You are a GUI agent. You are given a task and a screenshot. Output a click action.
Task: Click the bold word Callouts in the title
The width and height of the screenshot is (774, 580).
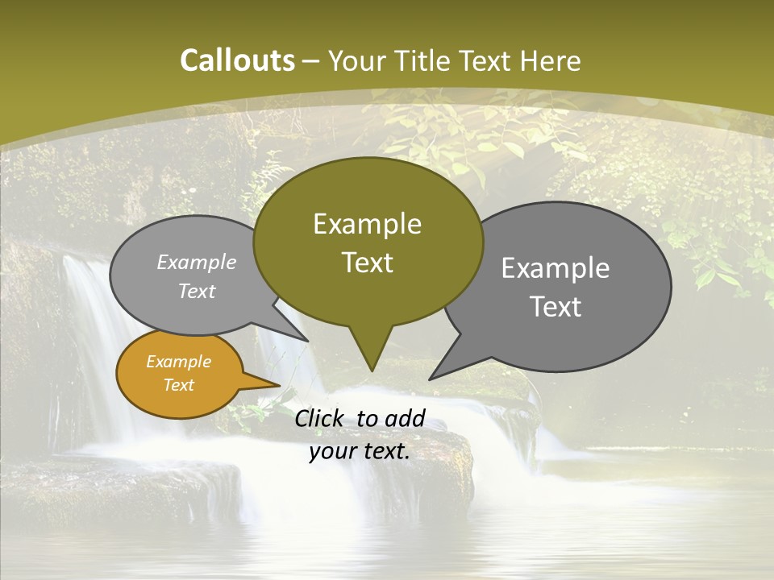point(237,60)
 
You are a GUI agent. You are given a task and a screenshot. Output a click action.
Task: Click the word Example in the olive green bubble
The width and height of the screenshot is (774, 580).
point(367,224)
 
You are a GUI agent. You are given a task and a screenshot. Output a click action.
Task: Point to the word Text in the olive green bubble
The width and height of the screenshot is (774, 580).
point(367,263)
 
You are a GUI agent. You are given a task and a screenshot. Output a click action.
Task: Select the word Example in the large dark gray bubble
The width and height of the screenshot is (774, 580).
point(556,268)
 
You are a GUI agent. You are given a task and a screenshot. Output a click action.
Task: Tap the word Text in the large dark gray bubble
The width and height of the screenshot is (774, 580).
point(556,307)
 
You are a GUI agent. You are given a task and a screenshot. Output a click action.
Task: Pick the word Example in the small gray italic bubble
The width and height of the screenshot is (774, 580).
point(197,262)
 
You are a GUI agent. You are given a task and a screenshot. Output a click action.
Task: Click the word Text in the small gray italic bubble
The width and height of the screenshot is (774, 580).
point(197,291)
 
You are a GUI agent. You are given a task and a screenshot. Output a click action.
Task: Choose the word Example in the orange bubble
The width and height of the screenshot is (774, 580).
point(178,362)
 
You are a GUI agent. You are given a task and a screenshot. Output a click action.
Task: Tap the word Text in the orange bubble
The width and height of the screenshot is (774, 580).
point(178,385)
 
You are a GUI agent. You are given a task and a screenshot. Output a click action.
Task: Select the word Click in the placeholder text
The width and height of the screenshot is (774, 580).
point(322,418)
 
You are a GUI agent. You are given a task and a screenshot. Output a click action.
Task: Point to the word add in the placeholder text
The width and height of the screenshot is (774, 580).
point(405,418)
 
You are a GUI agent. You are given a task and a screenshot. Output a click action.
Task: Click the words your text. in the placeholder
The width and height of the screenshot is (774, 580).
point(360,452)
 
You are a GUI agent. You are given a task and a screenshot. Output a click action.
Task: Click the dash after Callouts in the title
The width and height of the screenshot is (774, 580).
point(310,61)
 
